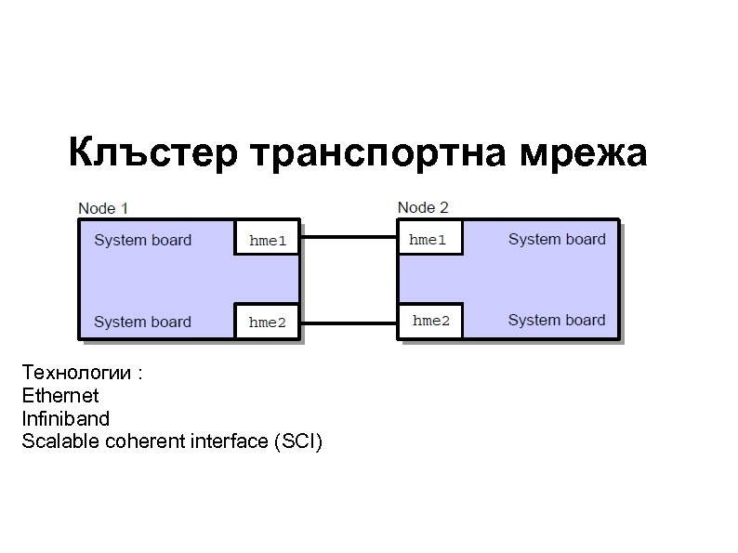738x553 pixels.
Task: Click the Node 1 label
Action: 103,207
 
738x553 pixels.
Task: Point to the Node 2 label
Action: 423,207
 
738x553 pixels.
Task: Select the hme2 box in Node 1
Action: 267,323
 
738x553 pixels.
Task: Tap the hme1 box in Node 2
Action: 429,240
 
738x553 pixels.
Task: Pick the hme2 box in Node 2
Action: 429,321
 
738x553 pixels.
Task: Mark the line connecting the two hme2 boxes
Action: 349,323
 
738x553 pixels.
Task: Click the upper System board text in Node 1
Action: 143,240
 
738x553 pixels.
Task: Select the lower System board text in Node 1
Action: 143,322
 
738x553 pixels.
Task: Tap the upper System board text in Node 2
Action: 557,239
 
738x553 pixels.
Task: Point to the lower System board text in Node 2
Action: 557,321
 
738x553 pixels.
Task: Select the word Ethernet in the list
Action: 59,396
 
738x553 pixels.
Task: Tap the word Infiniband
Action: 65,418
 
